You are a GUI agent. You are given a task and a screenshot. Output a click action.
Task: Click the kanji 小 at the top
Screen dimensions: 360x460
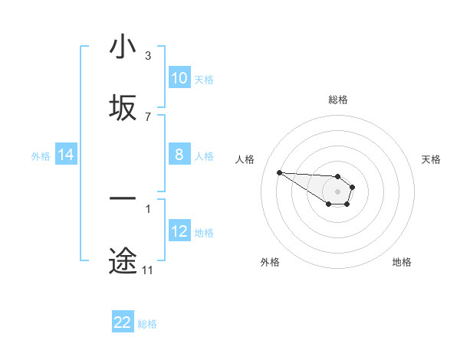click(x=123, y=47)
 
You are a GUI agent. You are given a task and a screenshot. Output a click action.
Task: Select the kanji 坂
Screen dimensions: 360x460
click(x=123, y=108)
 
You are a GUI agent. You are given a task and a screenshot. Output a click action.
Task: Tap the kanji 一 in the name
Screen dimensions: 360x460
click(x=123, y=199)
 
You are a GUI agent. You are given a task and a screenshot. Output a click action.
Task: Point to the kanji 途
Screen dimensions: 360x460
click(x=123, y=260)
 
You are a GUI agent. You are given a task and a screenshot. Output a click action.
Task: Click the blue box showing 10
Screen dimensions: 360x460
click(x=179, y=78)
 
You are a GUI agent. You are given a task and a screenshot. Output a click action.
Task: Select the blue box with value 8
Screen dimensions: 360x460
click(x=179, y=155)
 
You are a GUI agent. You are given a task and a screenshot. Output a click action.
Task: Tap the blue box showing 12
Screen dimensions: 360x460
click(x=179, y=231)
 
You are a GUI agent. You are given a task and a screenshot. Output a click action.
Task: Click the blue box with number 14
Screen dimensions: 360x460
click(x=66, y=155)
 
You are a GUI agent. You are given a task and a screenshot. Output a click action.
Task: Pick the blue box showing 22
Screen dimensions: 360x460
click(x=123, y=322)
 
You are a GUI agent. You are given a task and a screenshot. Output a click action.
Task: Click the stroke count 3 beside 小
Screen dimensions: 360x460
click(x=148, y=55)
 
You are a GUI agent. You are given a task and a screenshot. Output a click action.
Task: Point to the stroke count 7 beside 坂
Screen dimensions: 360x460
click(x=148, y=116)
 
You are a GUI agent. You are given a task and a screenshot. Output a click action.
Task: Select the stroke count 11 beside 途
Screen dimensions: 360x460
click(x=148, y=270)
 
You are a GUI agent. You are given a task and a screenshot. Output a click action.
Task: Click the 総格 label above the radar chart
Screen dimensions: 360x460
click(x=337, y=99)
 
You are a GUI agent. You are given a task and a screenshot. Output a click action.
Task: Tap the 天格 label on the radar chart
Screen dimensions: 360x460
click(x=432, y=159)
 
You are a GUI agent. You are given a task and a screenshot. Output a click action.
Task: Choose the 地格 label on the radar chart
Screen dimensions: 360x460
click(x=402, y=262)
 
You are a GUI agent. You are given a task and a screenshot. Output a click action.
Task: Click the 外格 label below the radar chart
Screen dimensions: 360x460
click(x=270, y=262)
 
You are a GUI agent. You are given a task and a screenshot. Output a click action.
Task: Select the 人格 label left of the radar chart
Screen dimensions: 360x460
click(x=245, y=159)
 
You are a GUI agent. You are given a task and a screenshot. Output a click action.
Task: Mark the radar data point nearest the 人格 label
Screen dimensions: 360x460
click(x=279, y=172)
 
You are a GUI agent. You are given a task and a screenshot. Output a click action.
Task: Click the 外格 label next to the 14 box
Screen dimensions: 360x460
click(x=41, y=155)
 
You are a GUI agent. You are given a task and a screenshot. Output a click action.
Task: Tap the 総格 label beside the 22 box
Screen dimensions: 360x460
click(x=147, y=324)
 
